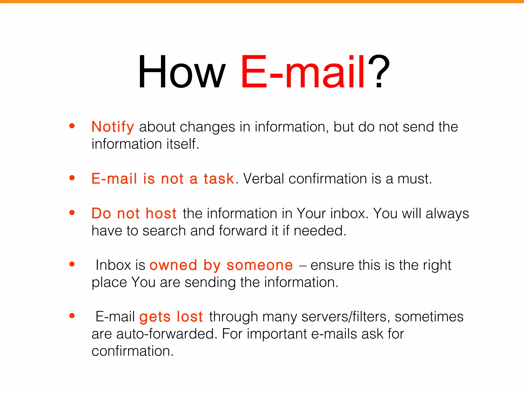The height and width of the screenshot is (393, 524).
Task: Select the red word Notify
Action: click(113, 127)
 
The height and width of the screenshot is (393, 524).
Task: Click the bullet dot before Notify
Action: click(72, 126)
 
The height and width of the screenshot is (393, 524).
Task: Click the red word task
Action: click(219, 179)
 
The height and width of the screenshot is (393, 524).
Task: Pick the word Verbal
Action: click(264, 179)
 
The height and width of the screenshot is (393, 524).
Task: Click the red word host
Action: click(161, 213)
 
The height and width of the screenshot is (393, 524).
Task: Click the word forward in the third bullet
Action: click(243, 231)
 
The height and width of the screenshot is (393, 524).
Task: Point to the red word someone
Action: click(260, 265)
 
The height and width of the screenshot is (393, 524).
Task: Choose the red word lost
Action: click(190, 317)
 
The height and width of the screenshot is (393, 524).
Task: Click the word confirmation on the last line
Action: click(133, 351)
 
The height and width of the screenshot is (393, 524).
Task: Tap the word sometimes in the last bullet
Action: click(429, 317)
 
